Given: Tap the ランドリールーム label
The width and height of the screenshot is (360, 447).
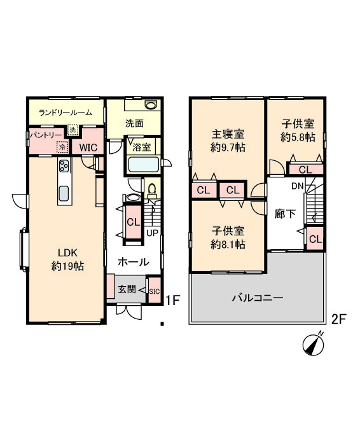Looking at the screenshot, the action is (66, 113).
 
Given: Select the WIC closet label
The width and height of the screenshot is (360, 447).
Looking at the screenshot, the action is (88, 148).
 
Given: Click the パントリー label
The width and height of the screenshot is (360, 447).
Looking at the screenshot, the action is (46, 135).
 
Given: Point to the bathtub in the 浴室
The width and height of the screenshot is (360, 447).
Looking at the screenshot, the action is (143, 165).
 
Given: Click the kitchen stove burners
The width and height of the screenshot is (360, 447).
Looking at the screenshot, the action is (64, 165).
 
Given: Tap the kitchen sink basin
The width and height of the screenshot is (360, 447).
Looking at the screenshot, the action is (64, 193).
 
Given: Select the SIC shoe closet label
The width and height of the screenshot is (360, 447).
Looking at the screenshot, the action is (155, 291).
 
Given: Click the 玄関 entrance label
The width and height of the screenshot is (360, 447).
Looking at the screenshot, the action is (127, 290).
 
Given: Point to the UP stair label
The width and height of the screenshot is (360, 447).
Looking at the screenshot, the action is (152, 233).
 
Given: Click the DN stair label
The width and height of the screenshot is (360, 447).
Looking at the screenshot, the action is (297, 186).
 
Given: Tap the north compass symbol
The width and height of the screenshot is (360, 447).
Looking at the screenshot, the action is (313, 344).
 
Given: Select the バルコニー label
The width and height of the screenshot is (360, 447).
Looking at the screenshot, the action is (258, 298).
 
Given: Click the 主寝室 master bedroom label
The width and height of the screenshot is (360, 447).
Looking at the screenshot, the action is (228, 134).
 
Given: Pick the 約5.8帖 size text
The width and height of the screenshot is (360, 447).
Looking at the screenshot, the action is (298, 138).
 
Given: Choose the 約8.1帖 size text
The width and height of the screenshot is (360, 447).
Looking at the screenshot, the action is (228, 245).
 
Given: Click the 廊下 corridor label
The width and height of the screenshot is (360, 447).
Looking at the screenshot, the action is (285, 214).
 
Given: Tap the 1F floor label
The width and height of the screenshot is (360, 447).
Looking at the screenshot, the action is (173, 300).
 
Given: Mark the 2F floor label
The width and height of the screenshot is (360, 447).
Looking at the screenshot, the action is (338, 319).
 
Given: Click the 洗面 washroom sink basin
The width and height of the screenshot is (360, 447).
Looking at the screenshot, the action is (150, 105).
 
